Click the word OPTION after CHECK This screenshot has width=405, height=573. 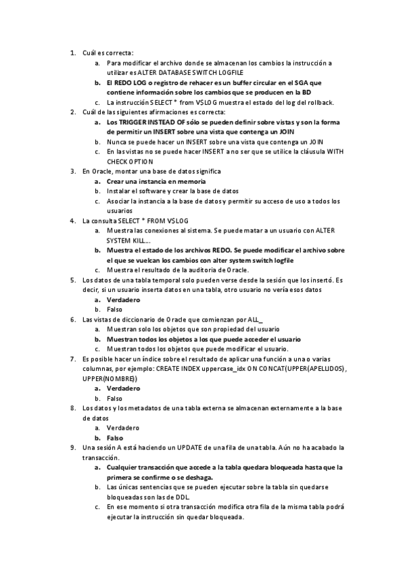pyautogui.click(x=141, y=162)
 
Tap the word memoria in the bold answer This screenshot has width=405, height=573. pyautogui.click(x=190, y=182)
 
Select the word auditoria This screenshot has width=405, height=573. pyautogui.click(x=197, y=270)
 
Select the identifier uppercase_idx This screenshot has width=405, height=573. pyautogui.click(x=245, y=368)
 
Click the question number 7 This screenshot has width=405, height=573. pyautogui.click(x=72, y=359)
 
